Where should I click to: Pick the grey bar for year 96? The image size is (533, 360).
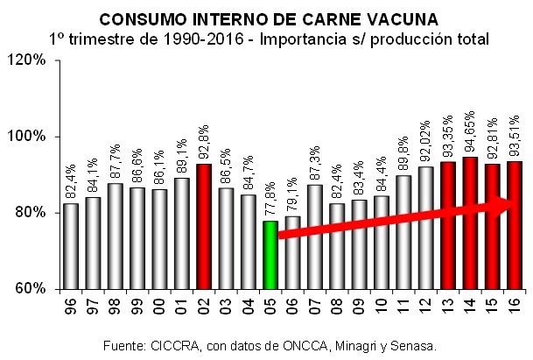click(x=70, y=246)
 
